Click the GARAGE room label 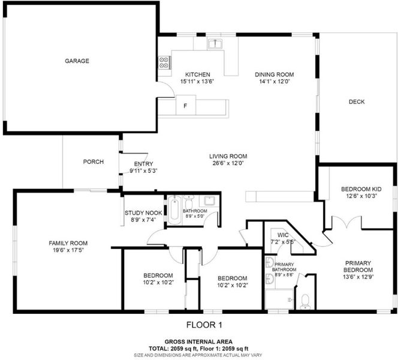click(77, 61)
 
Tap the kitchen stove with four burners click(164, 62)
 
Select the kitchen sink click(215, 44)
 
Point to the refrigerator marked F click(186, 105)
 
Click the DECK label click(357, 102)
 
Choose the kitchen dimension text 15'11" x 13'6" click(197, 82)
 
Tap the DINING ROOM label click(275, 74)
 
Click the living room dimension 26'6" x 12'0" click(228, 163)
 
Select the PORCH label click(94, 162)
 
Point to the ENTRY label click(143, 164)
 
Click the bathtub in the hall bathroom click(174, 210)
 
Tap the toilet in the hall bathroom click(189, 202)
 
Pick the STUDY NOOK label click(143, 213)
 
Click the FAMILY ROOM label click(68, 243)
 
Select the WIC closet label click(283, 235)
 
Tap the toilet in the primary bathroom click(305, 302)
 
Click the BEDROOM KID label click(361, 189)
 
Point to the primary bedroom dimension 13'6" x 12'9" click(358, 277)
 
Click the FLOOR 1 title click(204, 325)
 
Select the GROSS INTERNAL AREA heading click(198, 342)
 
